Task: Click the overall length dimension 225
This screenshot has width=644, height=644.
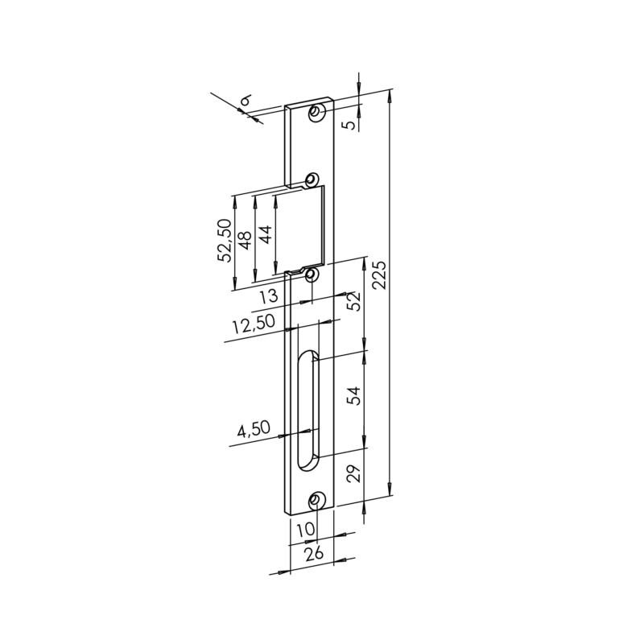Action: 380,275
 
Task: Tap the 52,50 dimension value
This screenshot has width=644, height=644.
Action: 225,241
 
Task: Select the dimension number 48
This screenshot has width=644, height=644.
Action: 246,240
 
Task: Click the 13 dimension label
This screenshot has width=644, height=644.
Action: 270,296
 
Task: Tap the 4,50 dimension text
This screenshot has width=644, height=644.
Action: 254,429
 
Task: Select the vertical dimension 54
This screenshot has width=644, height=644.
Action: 354,396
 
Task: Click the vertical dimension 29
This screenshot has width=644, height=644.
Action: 354,473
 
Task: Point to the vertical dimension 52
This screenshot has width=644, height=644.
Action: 353,301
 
